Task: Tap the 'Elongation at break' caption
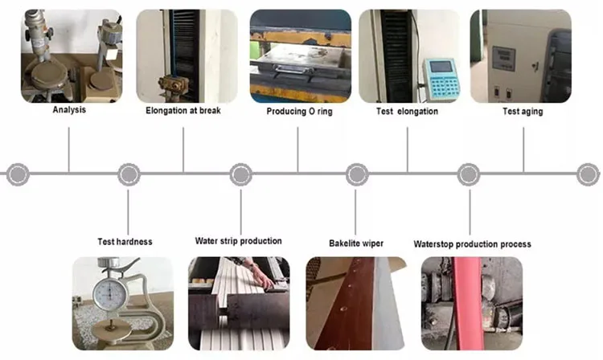[x=183, y=110]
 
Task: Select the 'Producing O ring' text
[x=299, y=112]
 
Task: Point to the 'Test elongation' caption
[x=407, y=112]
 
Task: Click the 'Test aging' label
[x=523, y=112]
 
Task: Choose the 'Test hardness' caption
[x=125, y=241]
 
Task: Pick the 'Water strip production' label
[x=238, y=240]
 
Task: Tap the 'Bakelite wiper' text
[x=355, y=243]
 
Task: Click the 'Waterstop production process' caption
[x=472, y=243]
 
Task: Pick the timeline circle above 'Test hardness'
[x=129, y=173]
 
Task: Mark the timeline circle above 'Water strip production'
[x=240, y=173]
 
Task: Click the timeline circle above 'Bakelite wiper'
[x=355, y=173]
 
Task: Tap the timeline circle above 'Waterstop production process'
[x=469, y=173]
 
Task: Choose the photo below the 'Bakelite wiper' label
[x=356, y=303]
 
